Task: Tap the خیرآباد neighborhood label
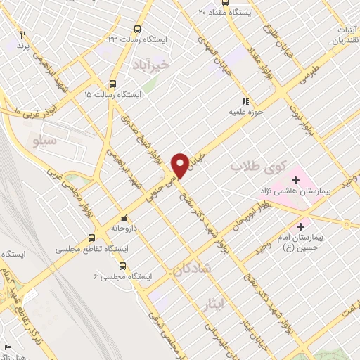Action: pos(150,65)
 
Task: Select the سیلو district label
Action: pos(44,141)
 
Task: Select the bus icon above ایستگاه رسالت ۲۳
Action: pos(137,30)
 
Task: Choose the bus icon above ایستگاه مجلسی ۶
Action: pos(123,266)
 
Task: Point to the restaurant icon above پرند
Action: pos(22,34)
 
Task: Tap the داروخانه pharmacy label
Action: pos(124,227)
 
